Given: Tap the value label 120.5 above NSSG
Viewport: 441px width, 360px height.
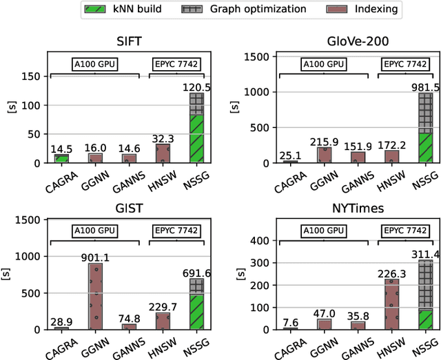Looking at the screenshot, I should pyautogui.click(x=196, y=87).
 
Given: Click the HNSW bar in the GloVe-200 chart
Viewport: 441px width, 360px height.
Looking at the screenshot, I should pyautogui.click(x=390, y=156).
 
